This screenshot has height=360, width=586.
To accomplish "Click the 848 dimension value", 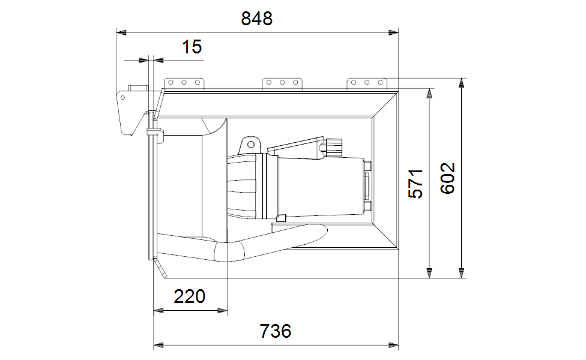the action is (257, 18).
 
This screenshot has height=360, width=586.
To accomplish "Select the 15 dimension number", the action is (192, 47).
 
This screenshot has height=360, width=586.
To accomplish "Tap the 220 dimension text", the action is (190, 296).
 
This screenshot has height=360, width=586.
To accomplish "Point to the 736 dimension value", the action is (276, 331).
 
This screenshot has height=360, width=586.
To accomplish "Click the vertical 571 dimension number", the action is (415, 184).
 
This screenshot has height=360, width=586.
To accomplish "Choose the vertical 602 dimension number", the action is (448, 179).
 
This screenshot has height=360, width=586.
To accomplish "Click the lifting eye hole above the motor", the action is (251, 145).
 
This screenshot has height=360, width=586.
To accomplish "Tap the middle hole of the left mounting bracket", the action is (184, 83).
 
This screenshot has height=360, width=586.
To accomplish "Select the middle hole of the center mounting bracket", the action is (282, 83).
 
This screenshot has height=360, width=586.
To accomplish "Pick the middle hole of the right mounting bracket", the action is (367, 83).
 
